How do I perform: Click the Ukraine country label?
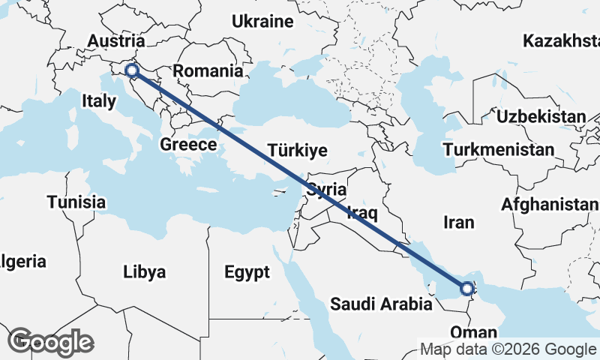pos(262,22)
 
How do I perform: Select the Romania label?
pos(208,72)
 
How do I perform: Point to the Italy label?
pos(99,100)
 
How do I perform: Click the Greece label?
pos(188,144)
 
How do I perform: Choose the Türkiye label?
pos(298,150)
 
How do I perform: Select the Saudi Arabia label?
pos(381,304)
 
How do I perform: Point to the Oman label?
pos(474,332)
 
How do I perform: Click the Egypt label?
pos(247,272)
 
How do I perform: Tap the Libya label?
pos(145,271)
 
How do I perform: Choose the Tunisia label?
pos(76,202)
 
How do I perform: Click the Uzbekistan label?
pos(540,116)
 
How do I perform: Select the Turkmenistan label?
pos(499,150)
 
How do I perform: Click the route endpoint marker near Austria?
pos(132,71)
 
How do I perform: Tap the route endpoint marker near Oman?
pos(467,288)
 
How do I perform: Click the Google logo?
pos(51,342)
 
